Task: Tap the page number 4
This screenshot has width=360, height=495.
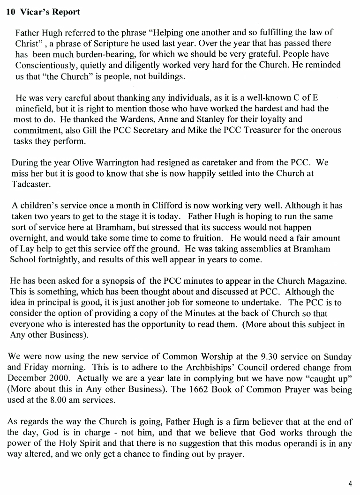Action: click(x=350, y=484)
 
